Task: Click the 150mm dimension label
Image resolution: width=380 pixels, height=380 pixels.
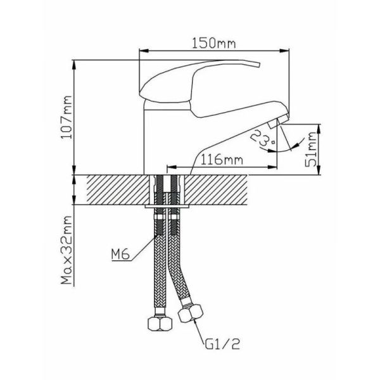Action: tap(213, 43)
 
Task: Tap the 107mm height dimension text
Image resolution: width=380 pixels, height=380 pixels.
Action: tap(66, 117)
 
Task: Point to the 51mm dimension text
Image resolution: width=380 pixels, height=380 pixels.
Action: tap(311, 149)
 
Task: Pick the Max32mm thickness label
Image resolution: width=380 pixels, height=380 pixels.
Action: tap(66, 250)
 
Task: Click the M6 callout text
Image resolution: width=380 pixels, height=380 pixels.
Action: tap(120, 254)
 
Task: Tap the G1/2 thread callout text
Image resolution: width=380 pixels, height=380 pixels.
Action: tap(222, 344)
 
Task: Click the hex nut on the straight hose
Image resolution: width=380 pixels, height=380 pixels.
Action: tap(160, 324)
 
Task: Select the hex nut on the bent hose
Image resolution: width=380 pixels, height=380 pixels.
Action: tap(191, 313)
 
